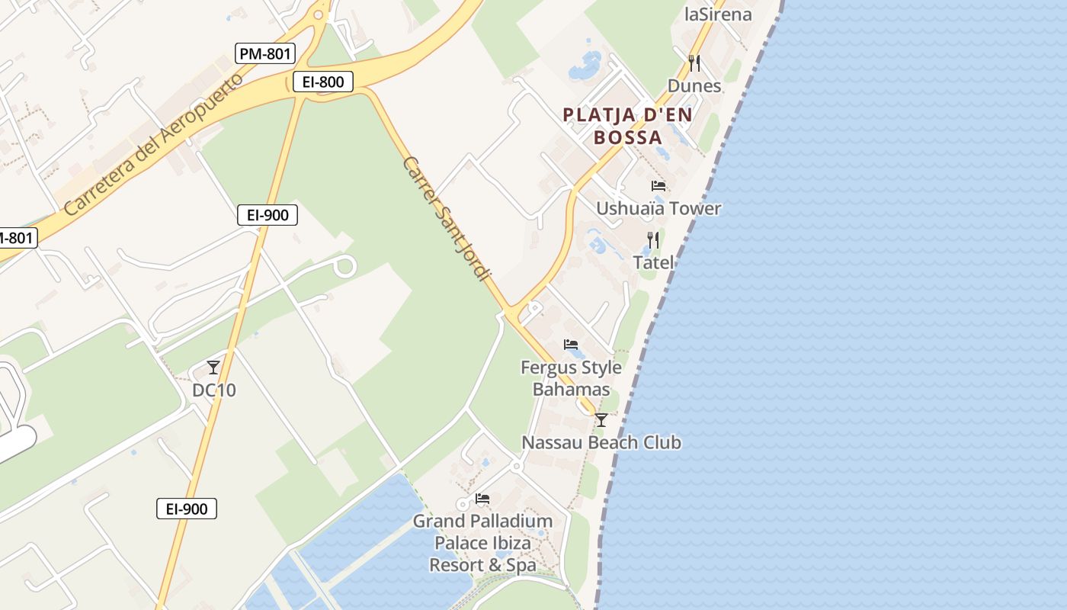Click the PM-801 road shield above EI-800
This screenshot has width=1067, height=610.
pos(265,53)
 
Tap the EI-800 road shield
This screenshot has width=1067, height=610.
pos(323,82)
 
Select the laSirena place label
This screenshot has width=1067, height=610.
pos(718,14)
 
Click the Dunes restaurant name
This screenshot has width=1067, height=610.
pos(694,85)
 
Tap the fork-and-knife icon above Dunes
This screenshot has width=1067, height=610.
pos(694,63)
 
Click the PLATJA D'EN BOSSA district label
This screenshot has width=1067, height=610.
pos(628,126)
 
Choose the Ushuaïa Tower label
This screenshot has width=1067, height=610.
pos(658,208)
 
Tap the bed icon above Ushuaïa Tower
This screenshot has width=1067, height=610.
pos(658,186)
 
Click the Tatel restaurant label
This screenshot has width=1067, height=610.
pos(653,262)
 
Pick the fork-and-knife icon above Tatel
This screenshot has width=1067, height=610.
pos(652,240)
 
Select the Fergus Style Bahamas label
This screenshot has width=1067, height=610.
pos(571,378)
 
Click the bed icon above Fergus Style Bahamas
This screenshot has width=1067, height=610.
pos(571,345)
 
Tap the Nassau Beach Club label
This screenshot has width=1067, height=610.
pos(601,442)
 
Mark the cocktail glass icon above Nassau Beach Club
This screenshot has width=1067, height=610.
pos(601,420)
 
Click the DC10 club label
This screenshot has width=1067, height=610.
pos(213,390)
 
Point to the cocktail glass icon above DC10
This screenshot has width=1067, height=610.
pos(213,368)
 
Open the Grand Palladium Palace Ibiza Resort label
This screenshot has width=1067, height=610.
pos(482,543)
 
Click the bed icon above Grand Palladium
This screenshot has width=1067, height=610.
pos(482,499)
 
